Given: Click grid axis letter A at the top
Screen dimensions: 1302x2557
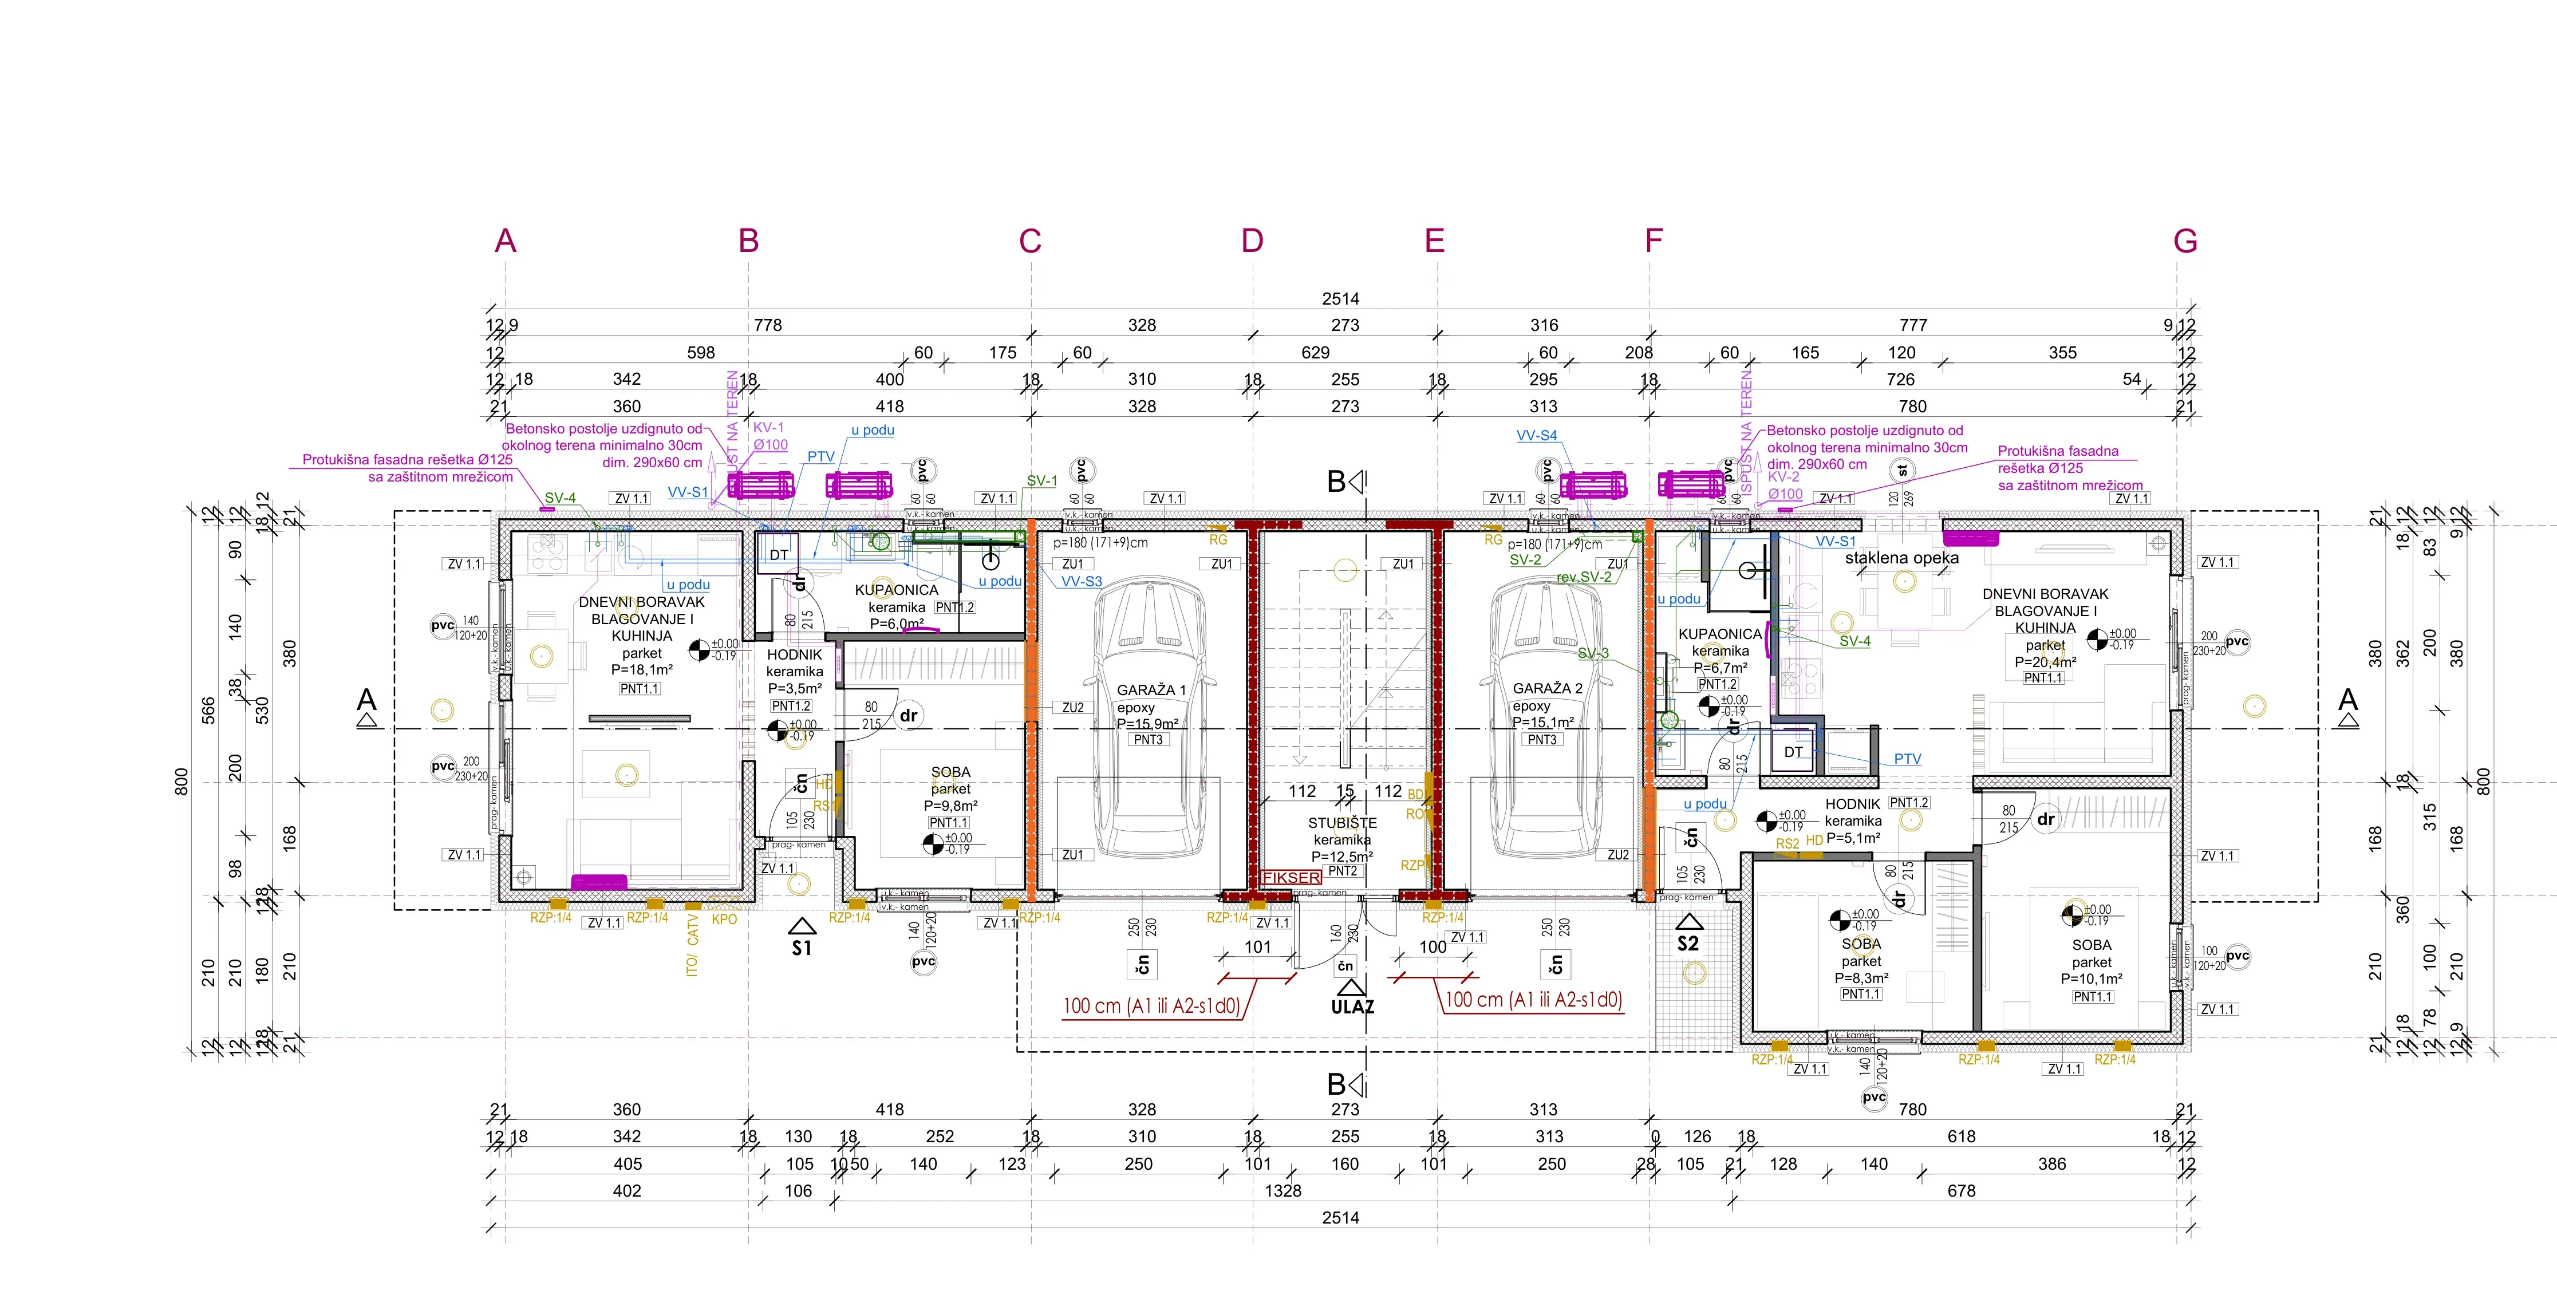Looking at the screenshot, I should (505, 241).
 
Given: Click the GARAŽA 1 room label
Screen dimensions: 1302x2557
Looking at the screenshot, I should (1150, 690).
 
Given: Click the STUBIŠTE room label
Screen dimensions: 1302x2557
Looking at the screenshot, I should (1342, 823).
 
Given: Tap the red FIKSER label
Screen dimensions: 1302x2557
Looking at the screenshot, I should (1292, 877).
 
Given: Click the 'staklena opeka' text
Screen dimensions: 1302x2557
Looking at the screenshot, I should (1901, 558).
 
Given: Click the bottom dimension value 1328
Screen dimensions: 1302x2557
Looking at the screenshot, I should (1283, 1191).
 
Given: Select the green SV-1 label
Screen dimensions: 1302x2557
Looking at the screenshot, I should (1041, 480).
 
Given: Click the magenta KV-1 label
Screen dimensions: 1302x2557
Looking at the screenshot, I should (768, 428).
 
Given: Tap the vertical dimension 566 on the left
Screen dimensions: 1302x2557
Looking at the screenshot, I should (208, 711).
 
